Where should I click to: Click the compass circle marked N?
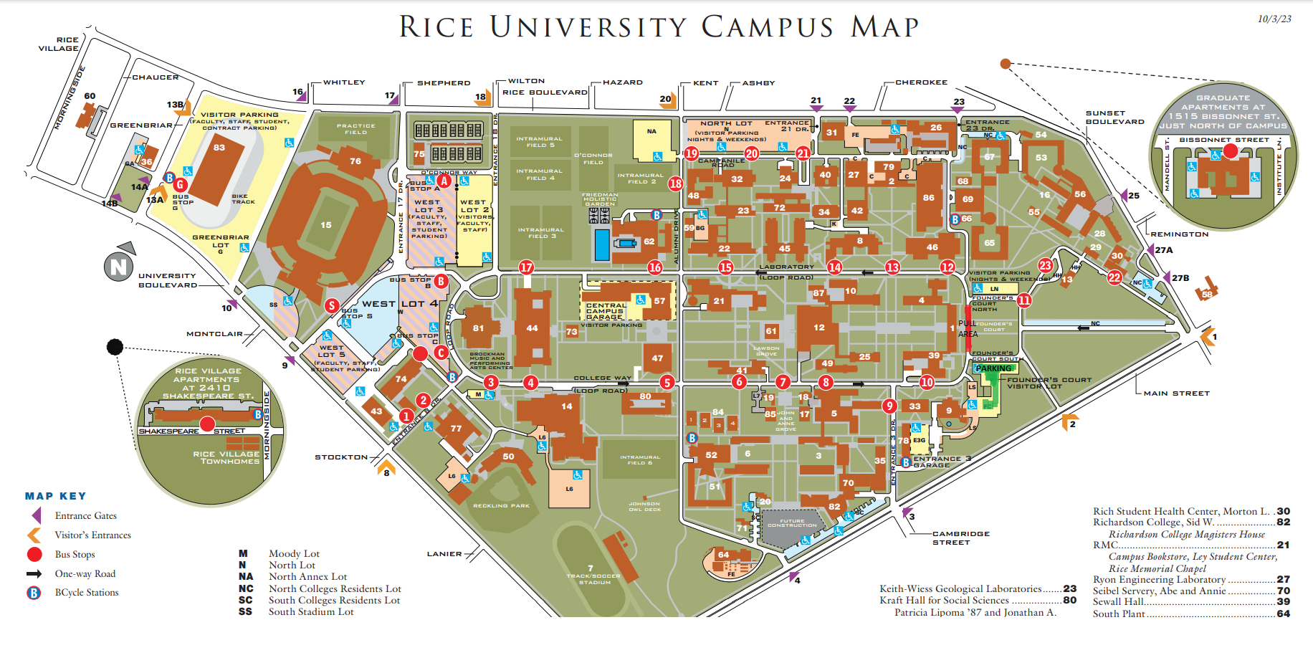tap(118, 267)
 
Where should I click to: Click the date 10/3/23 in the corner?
tap(1274, 19)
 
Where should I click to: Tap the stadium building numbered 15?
tap(326, 224)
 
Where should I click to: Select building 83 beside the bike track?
tap(219, 148)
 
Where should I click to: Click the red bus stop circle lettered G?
tap(180, 184)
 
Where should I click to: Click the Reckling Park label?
tap(501, 506)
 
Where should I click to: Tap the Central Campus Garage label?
tap(606, 311)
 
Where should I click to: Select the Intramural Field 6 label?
tap(640, 459)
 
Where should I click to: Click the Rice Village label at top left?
tap(58, 44)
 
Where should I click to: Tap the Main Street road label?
tap(1176, 393)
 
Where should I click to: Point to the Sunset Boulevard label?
tap(1114, 118)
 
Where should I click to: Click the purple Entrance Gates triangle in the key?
tap(36, 515)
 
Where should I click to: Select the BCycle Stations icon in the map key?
tap(34, 593)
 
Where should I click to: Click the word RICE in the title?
tap(436, 27)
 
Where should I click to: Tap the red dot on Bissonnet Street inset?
tap(1230, 151)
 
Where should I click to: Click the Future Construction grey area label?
tap(791, 523)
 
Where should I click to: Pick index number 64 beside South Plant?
tap(1283, 614)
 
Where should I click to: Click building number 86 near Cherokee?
tap(928, 198)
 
